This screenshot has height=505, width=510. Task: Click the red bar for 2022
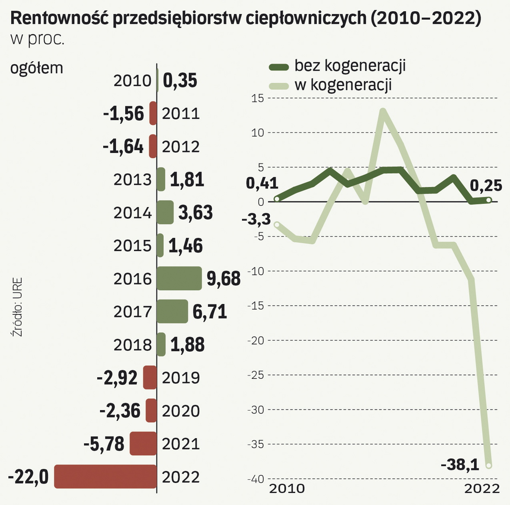coord(105,476)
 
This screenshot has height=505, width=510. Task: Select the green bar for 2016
coord(179,279)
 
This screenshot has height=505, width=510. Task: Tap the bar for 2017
coord(172,311)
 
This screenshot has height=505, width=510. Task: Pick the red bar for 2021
coord(143,443)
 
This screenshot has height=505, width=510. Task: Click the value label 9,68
coord(223,279)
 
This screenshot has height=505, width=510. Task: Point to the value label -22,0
coord(28,477)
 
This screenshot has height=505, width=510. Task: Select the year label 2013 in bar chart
coord(132,180)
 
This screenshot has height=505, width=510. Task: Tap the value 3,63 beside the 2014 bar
coord(196,213)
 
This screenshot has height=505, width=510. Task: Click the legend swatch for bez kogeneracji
coord(278,66)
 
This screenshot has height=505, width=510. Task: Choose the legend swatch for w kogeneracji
coord(278,85)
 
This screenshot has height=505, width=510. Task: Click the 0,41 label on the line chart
coord(262,183)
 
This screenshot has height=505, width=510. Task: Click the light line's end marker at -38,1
coord(489,465)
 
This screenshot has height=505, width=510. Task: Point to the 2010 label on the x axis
coord(286,489)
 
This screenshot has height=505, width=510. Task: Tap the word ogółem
coord(36,68)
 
